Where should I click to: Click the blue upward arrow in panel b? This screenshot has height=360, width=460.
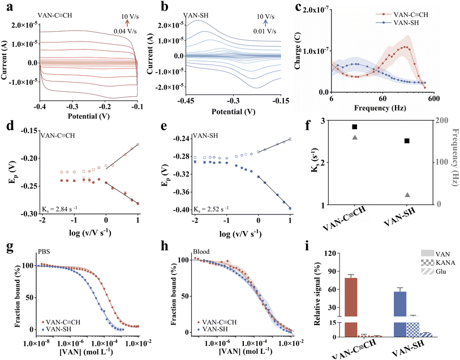tap(265, 23)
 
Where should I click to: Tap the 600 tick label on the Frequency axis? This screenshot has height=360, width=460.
tap(433, 98)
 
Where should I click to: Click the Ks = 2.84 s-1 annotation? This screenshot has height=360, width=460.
tap(59, 209)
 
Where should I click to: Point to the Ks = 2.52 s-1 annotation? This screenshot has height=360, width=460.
tap(211, 209)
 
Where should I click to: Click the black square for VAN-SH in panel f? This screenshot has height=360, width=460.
tap(407, 141)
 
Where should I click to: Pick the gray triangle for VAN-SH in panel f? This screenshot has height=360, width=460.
tap(407, 195)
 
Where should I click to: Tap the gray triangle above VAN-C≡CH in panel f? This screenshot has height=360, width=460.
tap(354, 137)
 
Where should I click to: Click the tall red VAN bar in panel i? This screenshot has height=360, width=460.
tap(351, 307)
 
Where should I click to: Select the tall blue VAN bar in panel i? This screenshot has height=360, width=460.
tap(400, 314)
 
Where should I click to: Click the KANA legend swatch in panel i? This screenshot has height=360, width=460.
tap(427, 262)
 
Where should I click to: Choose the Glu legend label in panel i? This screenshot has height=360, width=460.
tap(441, 271)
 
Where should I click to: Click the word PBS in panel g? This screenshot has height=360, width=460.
tap(43, 251)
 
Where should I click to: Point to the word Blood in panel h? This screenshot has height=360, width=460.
tap(201, 251)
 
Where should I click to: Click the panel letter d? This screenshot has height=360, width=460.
tap(10, 126)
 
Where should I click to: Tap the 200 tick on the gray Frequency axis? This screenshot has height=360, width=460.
tap(442, 121)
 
